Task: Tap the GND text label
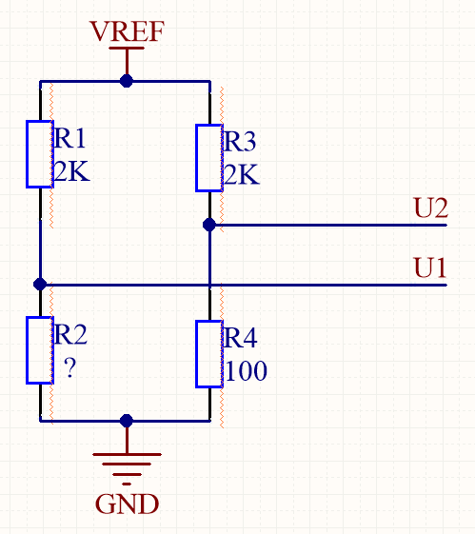point(127,503)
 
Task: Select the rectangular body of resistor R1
point(39,154)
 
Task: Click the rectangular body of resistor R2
point(39,350)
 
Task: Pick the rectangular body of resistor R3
point(208,157)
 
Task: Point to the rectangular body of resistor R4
point(208,354)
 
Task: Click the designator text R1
point(70,139)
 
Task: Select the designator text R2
point(71,334)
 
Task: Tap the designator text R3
point(240,142)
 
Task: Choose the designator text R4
point(241,338)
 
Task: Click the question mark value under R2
point(69,367)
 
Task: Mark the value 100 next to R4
point(247,371)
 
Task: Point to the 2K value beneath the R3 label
point(240,175)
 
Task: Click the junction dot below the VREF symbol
point(127,82)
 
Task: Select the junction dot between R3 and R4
point(208,225)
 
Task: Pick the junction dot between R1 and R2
point(39,284)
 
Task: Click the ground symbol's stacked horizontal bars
point(127,465)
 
